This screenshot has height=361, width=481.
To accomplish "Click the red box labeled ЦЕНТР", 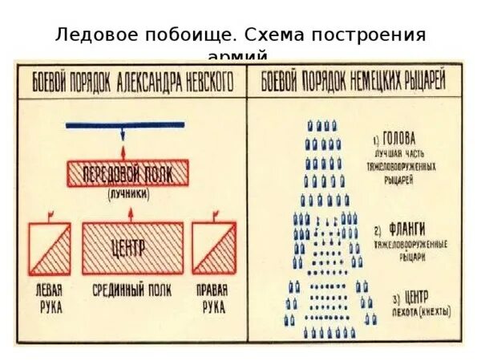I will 132,248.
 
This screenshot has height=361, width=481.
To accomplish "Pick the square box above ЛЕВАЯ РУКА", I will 49,248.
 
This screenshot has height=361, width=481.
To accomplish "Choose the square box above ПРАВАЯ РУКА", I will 212,248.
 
